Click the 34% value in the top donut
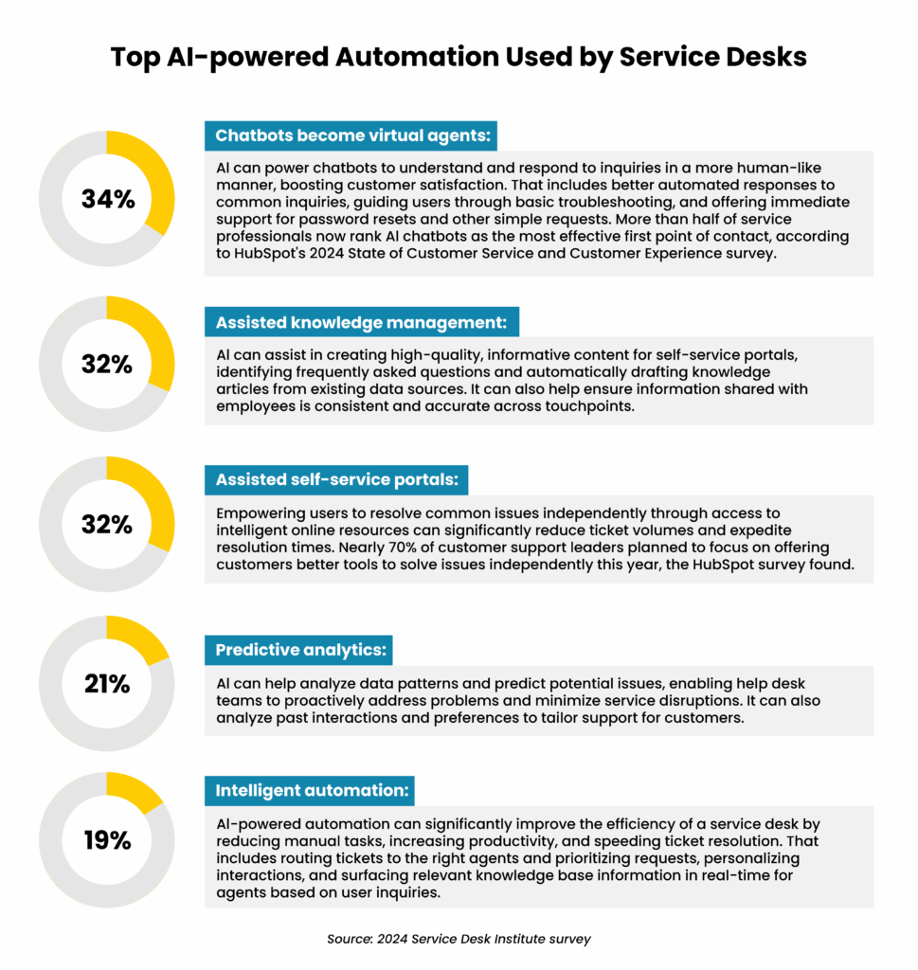coord(107,200)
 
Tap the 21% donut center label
coord(107,682)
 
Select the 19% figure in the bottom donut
coord(107,839)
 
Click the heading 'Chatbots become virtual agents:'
coord(351,135)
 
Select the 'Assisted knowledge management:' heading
coord(362,323)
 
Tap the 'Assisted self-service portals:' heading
coord(336,480)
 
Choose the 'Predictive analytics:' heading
coord(298,650)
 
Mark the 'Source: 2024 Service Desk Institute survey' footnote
coord(459,939)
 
